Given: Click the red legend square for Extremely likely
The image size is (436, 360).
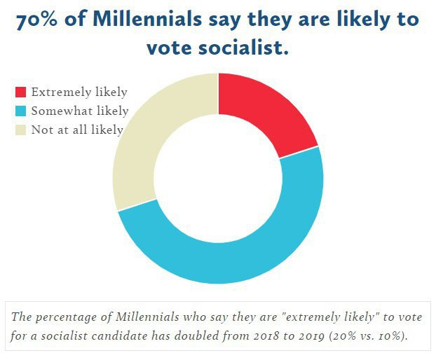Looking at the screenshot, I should coord(21,92).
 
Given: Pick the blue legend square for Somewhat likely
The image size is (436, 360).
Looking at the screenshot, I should coord(21,111).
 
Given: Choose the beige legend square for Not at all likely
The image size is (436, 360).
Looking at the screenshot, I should coord(21,130).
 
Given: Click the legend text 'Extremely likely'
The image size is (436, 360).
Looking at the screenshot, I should coord(79,92).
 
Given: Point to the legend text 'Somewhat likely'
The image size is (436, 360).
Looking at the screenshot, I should coord(80,111).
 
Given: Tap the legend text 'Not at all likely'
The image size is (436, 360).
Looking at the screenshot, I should coord(77,130).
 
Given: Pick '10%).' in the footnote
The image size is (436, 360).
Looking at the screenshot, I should coord(394,335).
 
